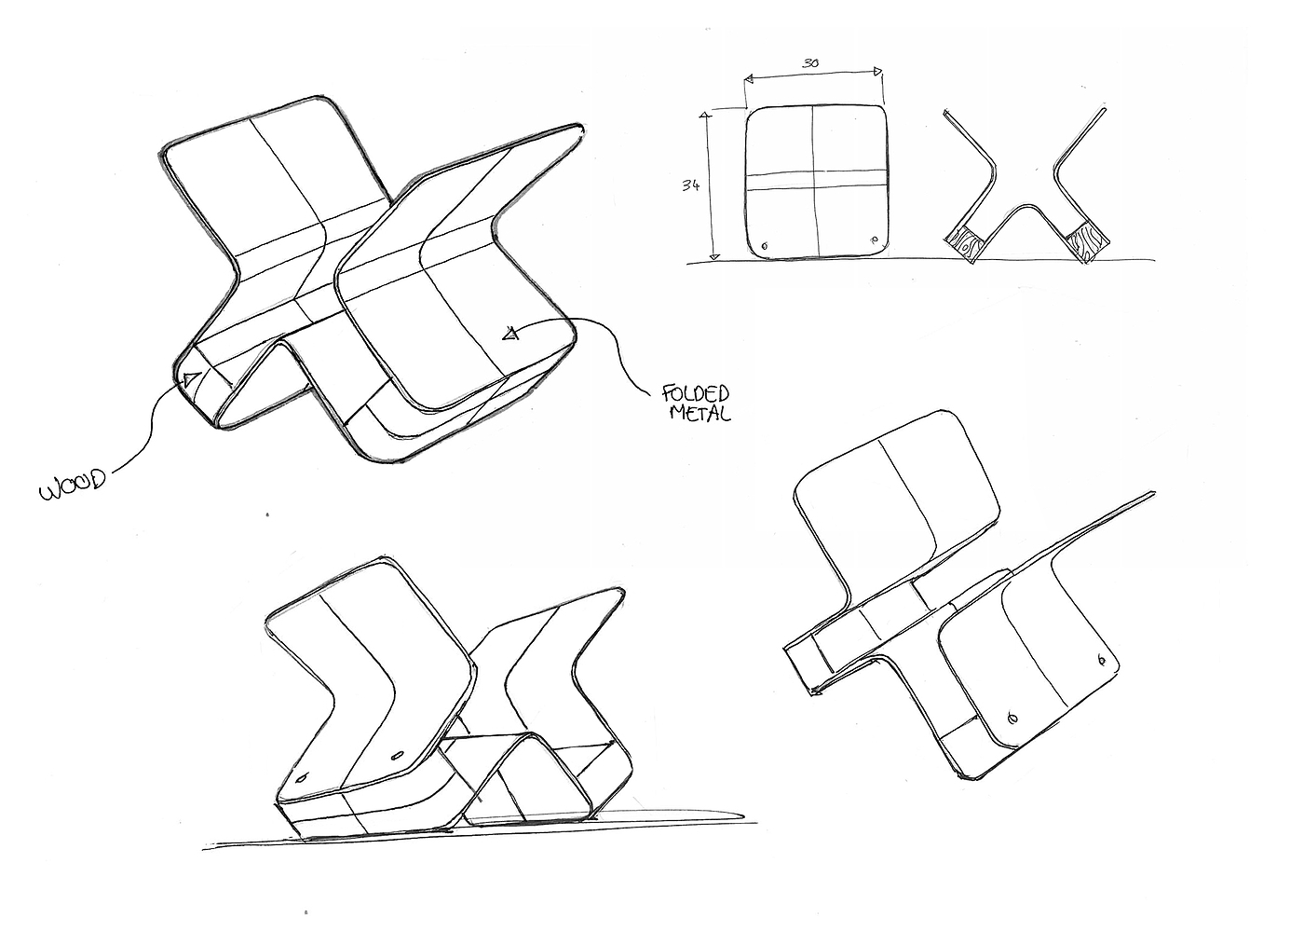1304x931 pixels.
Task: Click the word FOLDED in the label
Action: click(697, 392)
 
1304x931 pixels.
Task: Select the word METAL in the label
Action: click(700, 412)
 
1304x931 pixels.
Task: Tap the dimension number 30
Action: click(810, 62)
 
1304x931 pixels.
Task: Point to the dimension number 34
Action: click(690, 185)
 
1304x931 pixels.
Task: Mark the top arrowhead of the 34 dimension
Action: click(705, 116)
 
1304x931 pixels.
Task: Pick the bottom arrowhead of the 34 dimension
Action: click(714, 254)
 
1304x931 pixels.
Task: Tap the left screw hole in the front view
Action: click(765, 246)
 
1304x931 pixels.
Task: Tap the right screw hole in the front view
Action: click(875, 239)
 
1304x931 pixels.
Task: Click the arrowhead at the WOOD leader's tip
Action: click(190, 379)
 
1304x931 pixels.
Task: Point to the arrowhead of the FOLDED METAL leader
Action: click(509, 333)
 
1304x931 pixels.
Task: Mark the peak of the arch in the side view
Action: click(1026, 210)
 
